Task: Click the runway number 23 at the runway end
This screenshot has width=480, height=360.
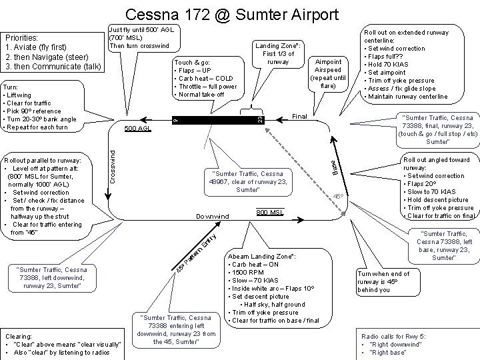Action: pos(260,119)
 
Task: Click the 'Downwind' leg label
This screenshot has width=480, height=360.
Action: pos(212,217)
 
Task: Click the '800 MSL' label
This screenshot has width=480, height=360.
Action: pos(271,212)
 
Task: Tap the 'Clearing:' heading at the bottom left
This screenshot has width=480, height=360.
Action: pos(21,335)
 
